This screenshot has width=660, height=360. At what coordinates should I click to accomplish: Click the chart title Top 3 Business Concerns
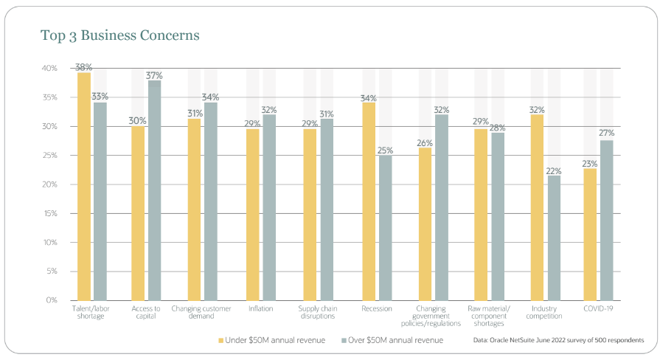click(120, 35)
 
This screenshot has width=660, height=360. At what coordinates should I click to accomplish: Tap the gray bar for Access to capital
click(155, 190)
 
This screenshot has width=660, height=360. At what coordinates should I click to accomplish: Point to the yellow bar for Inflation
click(252, 214)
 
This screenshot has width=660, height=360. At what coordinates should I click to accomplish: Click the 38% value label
click(83, 66)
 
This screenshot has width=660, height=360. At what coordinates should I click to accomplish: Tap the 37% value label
click(155, 75)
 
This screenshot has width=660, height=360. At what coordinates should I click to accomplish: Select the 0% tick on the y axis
click(51, 300)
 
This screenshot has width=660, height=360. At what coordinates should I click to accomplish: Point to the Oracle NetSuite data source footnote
click(559, 340)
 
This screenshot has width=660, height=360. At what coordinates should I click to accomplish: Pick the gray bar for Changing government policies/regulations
click(442, 207)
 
